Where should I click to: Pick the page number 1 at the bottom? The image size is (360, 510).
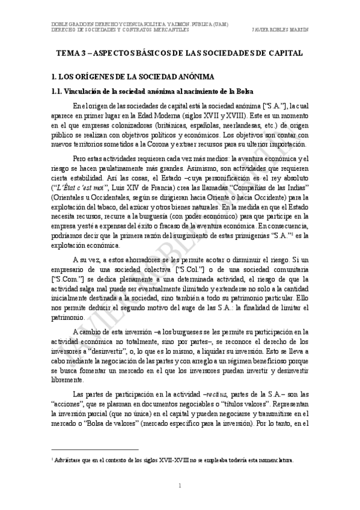point(180,485)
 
